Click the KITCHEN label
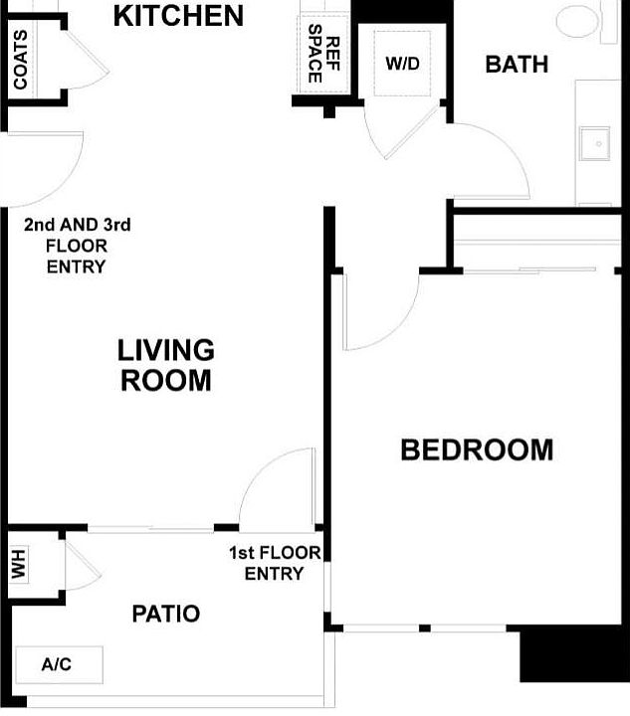click(x=178, y=16)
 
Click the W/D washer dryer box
click(x=402, y=64)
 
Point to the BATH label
click(x=516, y=65)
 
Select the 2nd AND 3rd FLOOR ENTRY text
click(x=77, y=246)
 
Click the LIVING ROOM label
click(x=165, y=365)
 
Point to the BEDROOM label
click(x=476, y=450)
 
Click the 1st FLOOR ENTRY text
click(x=275, y=564)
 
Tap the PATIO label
click(x=165, y=615)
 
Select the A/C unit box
click(x=58, y=664)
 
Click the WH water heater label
click(x=19, y=566)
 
